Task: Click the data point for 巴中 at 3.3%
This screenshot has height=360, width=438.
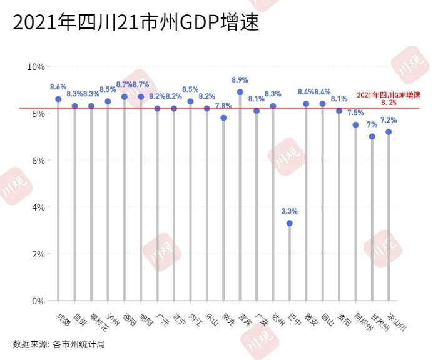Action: pyautogui.click(x=289, y=223)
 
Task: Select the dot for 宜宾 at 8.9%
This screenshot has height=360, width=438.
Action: pyautogui.click(x=240, y=92)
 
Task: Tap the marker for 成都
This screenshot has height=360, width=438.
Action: pyautogui.click(x=58, y=99)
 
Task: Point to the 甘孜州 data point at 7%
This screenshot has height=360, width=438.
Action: pyautogui.click(x=372, y=136)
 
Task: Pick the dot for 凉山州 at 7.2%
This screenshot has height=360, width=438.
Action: pyautogui.click(x=389, y=132)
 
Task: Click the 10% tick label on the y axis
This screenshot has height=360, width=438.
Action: pyautogui.click(x=36, y=66)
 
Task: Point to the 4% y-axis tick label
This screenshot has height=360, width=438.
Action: pyautogui.click(x=38, y=207)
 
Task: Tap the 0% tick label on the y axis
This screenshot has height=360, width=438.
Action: pyautogui.click(x=38, y=301)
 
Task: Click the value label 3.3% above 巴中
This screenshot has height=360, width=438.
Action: pyautogui.click(x=289, y=211)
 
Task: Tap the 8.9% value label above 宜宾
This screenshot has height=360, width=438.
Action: pyautogui.click(x=240, y=80)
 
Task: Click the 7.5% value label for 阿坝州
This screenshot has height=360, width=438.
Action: pyautogui.click(x=355, y=112)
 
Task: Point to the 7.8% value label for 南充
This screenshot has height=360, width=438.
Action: pyautogui.click(x=223, y=106)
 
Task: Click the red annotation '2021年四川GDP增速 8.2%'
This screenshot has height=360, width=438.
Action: pyautogui.click(x=389, y=97)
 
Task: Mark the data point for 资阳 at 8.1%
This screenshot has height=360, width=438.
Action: pyautogui.click(x=339, y=111)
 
